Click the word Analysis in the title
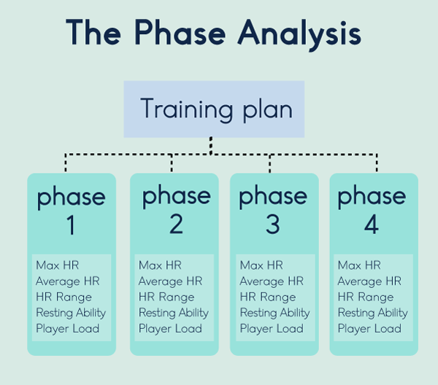click(x=299, y=34)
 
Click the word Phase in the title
click(x=180, y=32)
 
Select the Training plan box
click(x=214, y=109)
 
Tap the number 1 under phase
click(x=71, y=225)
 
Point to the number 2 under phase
click(x=176, y=224)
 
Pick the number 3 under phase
click(x=272, y=224)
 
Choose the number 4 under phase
click(x=372, y=224)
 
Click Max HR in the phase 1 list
click(x=58, y=265)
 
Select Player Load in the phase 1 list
click(x=68, y=329)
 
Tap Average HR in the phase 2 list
click(x=170, y=281)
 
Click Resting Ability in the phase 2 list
click(x=174, y=313)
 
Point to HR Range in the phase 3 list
click(x=268, y=297)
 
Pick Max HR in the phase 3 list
click(x=261, y=265)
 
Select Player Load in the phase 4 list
click(x=369, y=329)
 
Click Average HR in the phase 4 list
click(x=369, y=281)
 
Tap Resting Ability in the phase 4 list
click(x=373, y=313)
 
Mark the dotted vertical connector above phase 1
click(x=66, y=163)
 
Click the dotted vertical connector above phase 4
click(x=377, y=163)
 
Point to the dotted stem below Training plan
click(x=211, y=145)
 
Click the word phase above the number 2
click(x=176, y=196)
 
